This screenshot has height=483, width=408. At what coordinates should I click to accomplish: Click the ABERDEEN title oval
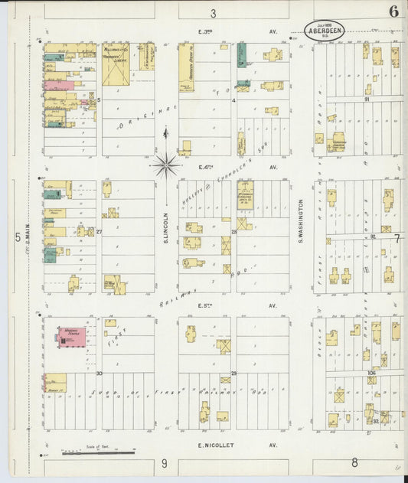click(x=324, y=31)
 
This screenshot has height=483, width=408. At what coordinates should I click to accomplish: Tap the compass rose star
click(x=165, y=162)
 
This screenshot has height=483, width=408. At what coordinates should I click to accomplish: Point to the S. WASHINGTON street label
click(x=301, y=217)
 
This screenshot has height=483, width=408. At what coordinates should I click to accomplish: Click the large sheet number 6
click(x=393, y=11)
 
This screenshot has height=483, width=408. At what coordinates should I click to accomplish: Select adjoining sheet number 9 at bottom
click(x=164, y=463)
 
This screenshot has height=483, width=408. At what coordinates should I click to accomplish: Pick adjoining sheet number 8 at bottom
click(x=354, y=462)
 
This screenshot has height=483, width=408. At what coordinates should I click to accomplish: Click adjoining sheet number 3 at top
click(x=213, y=13)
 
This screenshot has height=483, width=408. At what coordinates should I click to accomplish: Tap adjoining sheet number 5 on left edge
click(x=18, y=237)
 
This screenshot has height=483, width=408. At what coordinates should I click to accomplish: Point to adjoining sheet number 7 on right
click(x=397, y=238)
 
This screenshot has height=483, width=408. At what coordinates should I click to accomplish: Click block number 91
click(x=367, y=100)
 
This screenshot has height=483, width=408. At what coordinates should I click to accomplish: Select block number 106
click(x=371, y=373)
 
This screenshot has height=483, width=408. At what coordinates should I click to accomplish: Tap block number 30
click(x=100, y=374)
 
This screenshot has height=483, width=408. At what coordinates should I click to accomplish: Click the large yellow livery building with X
click(x=116, y=65)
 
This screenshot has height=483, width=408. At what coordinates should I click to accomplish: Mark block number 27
click(x=100, y=231)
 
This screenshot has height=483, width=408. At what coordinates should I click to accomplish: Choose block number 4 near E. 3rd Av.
click(x=233, y=100)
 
